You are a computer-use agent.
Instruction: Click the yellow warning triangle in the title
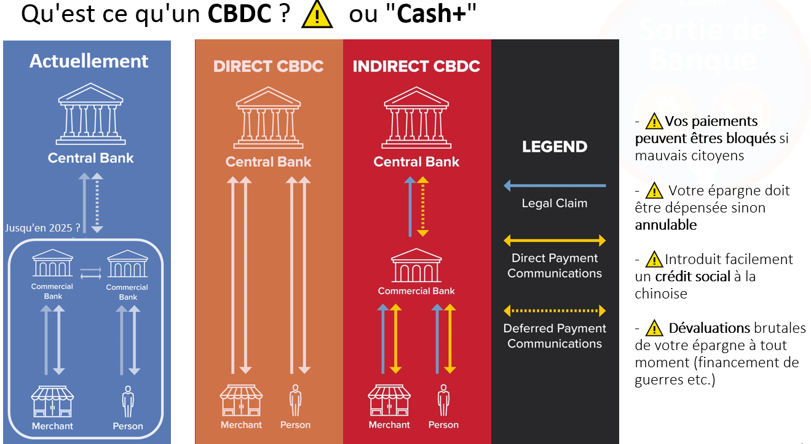pyautogui.click(x=317, y=15)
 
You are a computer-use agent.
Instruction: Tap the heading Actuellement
pyautogui.click(x=89, y=61)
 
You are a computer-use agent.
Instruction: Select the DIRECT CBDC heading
pyautogui.click(x=268, y=66)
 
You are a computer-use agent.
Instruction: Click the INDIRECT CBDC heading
pyautogui.click(x=416, y=66)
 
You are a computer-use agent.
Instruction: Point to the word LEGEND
pyautogui.click(x=555, y=146)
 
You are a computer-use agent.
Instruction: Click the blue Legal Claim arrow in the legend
pyautogui.click(x=555, y=186)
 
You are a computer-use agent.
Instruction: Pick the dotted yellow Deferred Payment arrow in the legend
pyautogui.click(x=555, y=311)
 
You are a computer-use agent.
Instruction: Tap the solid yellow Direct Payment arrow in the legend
pyautogui.click(x=555, y=241)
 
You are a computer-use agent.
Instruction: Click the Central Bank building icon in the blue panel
pyautogui.click(x=90, y=114)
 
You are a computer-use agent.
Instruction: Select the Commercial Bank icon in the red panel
pyautogui.click(x=416, y=265)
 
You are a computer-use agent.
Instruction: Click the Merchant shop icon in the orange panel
pyautogui.click(x=241, y=400)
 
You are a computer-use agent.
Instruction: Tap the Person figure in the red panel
pyautogui.click(x=443, y=400)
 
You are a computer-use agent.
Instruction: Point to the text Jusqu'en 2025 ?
pyautogui.click(x=42, y=228)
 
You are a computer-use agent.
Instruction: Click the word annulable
pyautogui.click(x=665, y=225)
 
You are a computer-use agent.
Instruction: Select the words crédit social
pyautogui.click(x=692, y=276)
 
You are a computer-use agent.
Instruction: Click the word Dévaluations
pyautogui.click(x=710, y=328)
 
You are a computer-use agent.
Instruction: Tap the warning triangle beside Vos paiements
pyautogui.click(x=654, y=121)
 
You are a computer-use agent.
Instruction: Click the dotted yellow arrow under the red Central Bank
pyautogui.click(x=422, y=206)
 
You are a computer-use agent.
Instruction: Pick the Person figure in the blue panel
pyautogui.click(x=128, y=402)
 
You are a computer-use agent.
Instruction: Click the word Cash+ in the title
pyautogui.click(x=431, y=14)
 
